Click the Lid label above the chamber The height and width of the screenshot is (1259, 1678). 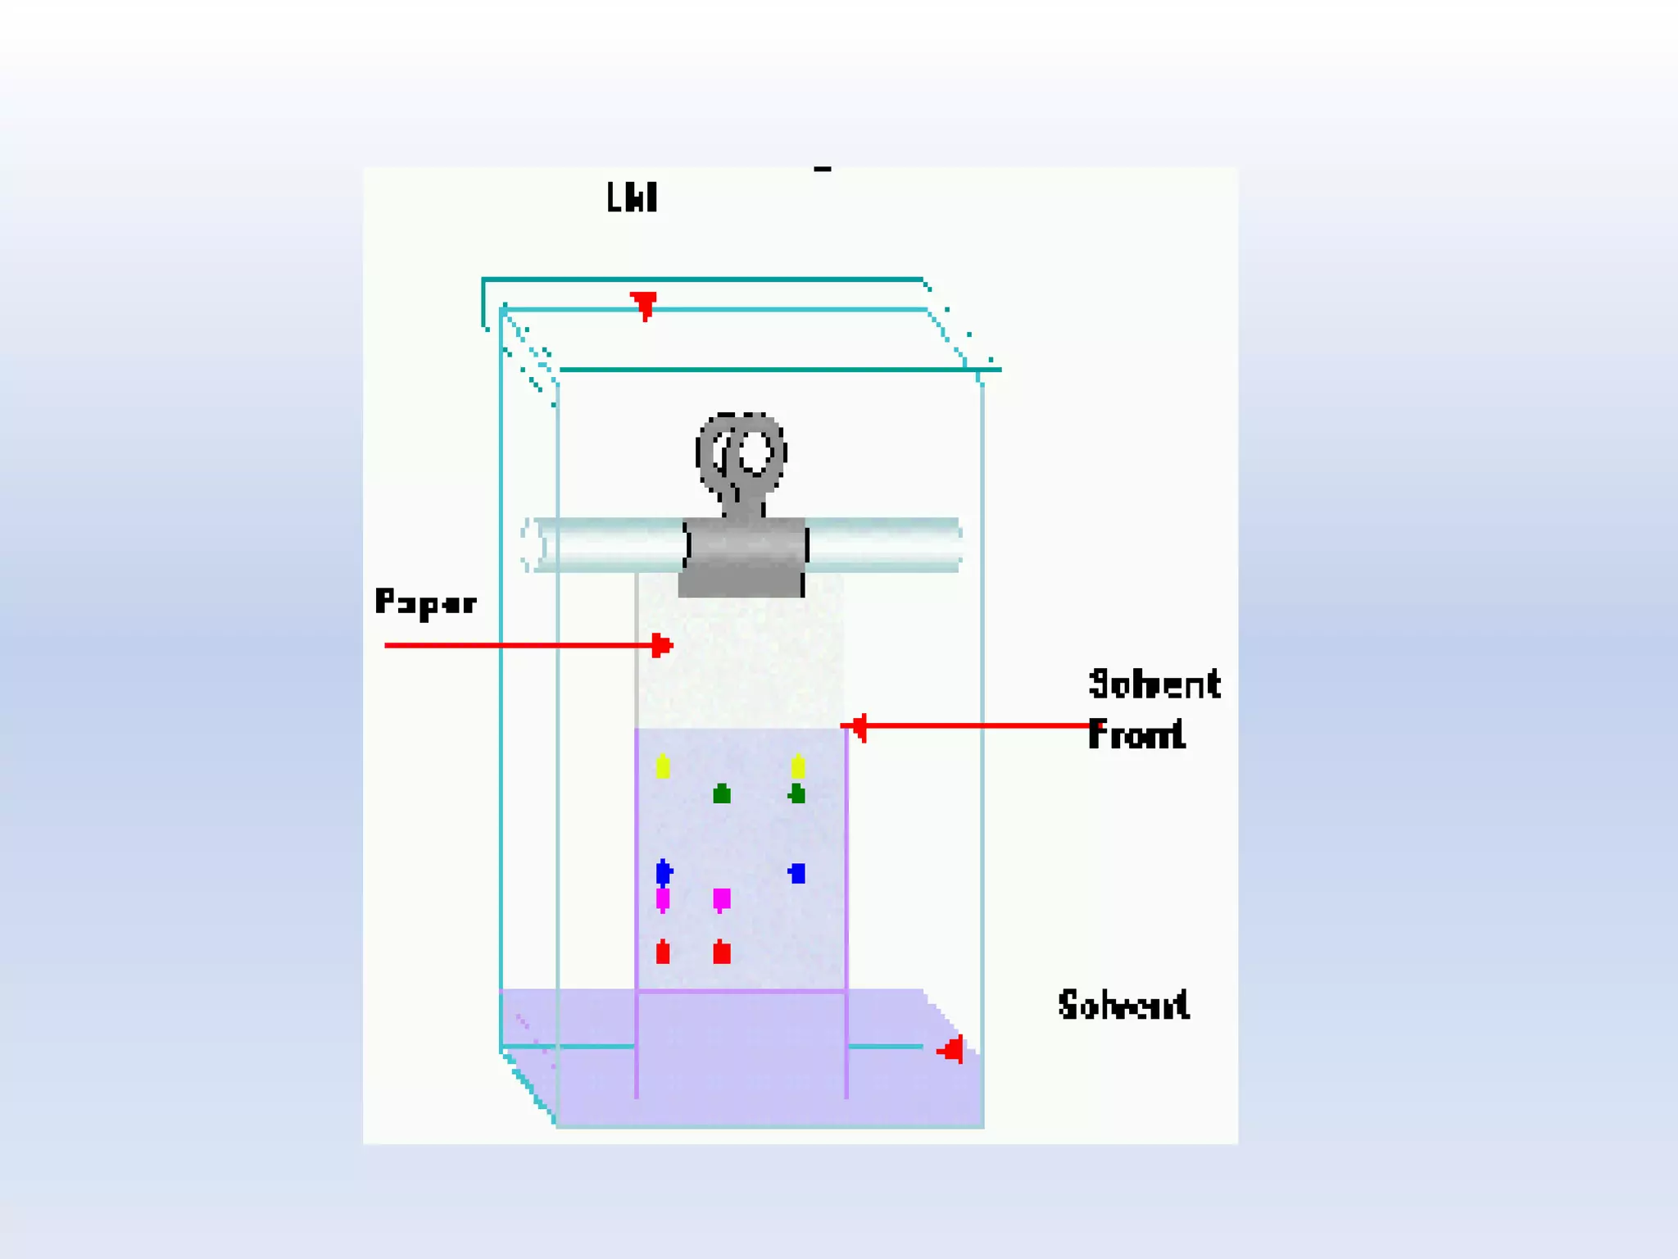[x=632, y=198]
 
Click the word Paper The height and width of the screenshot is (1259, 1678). [x=425, y=602]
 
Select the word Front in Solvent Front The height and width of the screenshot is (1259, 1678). [x=1136, y=734]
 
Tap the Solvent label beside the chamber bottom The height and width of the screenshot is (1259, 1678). [x=1123, y=1005]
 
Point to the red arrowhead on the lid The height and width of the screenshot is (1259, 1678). [x=644, y=304]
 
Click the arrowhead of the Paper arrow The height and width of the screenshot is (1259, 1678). [x=662, y=646]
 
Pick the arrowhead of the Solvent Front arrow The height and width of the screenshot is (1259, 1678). [x=855, y=726]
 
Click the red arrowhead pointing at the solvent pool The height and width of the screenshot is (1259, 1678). [x=951, y=1049]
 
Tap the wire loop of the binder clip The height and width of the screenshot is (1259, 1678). [x=742, y=455]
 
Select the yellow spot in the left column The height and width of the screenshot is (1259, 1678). [x=663, y=767]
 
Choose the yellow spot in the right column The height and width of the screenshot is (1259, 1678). [x=798, y=767]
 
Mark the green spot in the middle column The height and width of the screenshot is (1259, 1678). [x=721, y=793]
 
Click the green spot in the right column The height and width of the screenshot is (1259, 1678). [x=796, y=793]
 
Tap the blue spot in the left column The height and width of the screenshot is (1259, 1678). [x=664, y=872]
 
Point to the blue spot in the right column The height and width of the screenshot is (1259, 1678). [x=796, y=873]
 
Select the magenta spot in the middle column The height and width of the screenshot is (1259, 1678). [x=721, y=899]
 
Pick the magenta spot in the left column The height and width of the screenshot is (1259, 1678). [x=663, y=899]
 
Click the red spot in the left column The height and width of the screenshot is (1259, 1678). [x=663, y=952]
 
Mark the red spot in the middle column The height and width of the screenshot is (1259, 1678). [x=721, y=952]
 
